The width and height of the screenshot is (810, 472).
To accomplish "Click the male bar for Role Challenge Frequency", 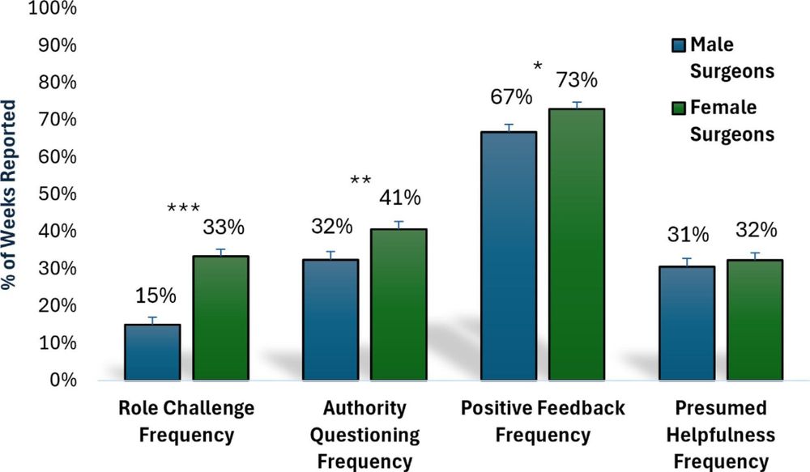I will point(151,351).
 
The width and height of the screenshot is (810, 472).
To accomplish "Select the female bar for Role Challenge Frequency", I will point(220,317).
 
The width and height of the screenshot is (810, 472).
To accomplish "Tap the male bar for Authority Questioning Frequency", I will point(330,319).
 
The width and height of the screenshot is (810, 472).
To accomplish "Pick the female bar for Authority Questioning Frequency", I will point(399,304).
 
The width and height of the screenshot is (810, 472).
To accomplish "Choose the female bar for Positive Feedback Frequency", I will point(577,244).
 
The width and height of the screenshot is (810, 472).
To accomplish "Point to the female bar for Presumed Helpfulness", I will point(755,320).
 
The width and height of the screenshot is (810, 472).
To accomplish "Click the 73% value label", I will point(576,81).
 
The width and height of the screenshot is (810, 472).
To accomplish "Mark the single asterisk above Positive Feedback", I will point(537,66).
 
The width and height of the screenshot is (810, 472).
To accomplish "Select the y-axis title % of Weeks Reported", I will point(11,194).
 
